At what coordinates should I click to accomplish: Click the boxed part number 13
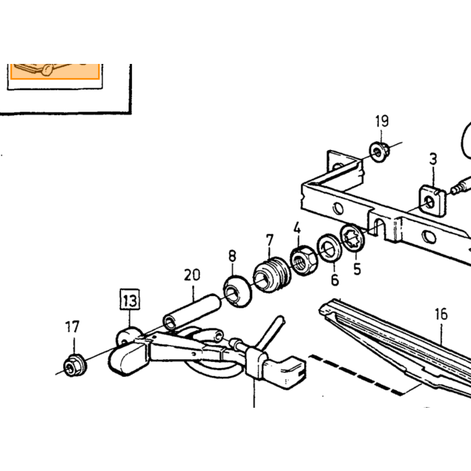coord(130,299)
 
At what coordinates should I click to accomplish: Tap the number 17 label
coord(72,327)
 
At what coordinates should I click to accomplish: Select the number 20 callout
coord(192,275)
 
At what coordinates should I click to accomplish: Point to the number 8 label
coord(232,256)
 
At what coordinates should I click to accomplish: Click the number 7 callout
coord(270,240)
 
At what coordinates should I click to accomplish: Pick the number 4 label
coord(297,228)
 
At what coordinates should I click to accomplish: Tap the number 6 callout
coord(334,280)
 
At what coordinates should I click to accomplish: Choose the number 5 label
coord(357,269)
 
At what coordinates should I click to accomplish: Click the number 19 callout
coord(382,121)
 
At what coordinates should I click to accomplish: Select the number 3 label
coord(433,159)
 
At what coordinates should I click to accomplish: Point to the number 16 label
coord(441,314)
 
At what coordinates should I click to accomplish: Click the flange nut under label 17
coord(75,365)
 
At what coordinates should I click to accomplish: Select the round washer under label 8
coord(237,291)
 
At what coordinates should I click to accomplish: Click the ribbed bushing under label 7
coord(272,275)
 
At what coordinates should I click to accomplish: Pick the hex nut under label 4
coord(304,260)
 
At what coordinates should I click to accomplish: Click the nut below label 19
coord(379,152)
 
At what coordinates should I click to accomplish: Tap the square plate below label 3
coord(432,201)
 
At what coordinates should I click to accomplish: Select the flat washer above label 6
coord(330,248)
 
